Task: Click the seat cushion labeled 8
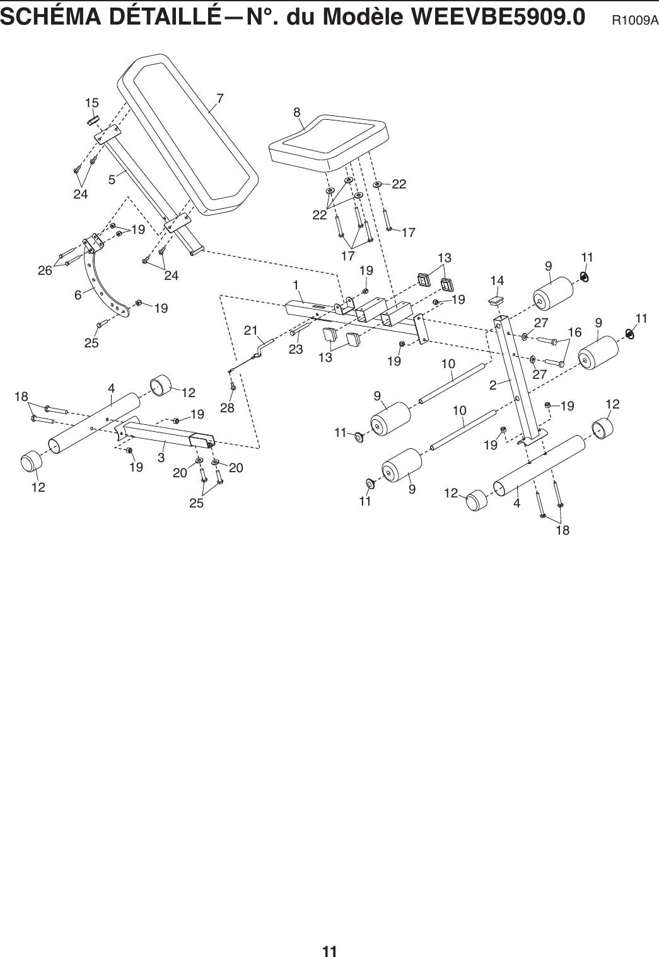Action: (328, 142)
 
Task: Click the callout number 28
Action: (226, 408)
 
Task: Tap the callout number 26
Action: (45, 270)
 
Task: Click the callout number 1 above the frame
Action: (295, 284)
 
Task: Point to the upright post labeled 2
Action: (517, 378)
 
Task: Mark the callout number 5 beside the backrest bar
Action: (112, 180)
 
